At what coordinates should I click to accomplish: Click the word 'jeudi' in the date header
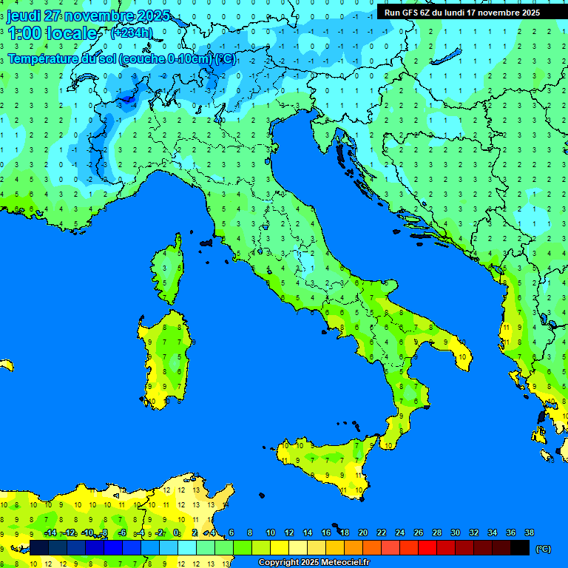[23, 16]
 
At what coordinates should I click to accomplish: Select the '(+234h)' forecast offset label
[131, 33]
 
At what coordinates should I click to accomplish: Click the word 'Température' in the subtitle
[43, 58]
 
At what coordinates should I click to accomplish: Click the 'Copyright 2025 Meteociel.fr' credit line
[314, 562]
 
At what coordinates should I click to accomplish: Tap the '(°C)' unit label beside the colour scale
[543, 549]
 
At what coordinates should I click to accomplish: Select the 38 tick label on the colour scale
[529, 532]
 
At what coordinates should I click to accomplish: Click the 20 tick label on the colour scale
[362, 532]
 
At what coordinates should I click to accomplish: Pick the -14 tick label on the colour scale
[50, 532]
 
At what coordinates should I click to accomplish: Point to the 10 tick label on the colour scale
[271, 532]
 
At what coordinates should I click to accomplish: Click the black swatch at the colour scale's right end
[520, 547]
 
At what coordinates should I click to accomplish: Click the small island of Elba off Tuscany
[206, 242]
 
